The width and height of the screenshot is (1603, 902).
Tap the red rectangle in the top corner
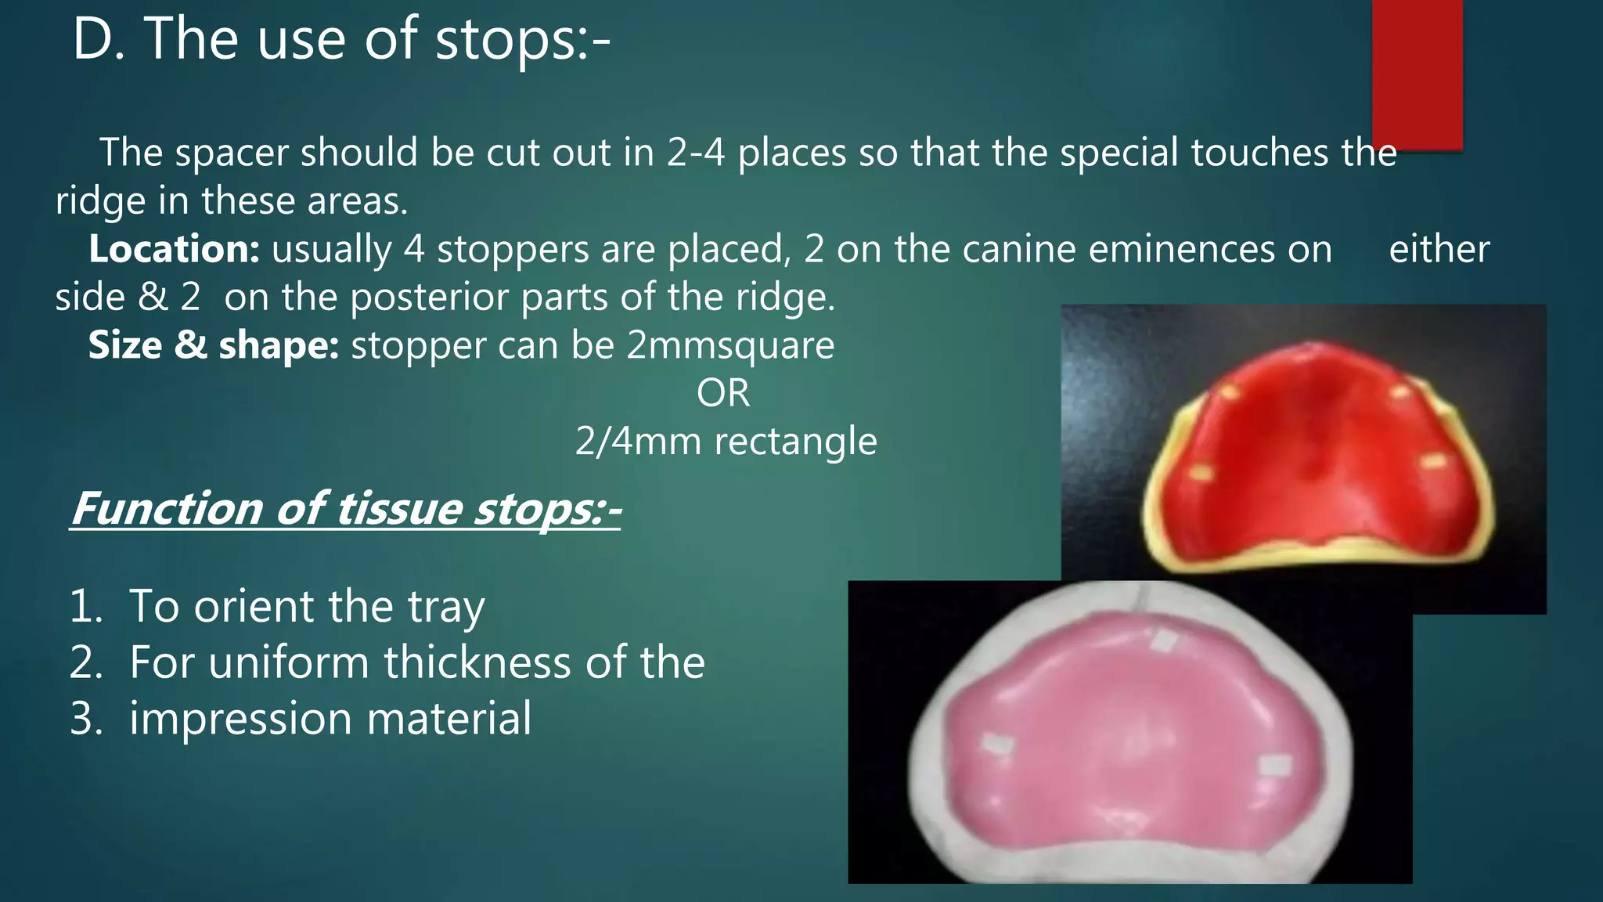1417,74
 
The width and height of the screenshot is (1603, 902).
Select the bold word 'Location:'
174,250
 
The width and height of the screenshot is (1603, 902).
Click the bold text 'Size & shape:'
213,345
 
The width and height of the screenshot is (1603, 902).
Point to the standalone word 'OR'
722,393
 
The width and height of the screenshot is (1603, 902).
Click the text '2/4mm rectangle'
726,442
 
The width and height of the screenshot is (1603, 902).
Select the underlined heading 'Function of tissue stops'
344,509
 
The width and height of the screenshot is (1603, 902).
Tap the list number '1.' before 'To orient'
86,607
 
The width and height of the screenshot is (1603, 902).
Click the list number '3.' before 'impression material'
86,720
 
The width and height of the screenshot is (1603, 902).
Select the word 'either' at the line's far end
1439,250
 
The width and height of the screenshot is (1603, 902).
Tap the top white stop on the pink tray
1164,642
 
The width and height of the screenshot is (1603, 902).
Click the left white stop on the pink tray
997,745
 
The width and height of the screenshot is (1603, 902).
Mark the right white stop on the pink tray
1274,765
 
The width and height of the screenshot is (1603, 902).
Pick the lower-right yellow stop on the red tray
1432,461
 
